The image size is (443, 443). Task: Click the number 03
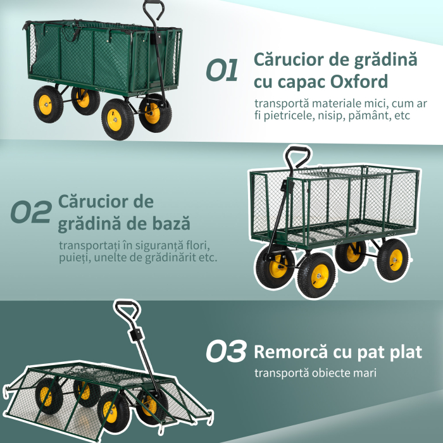tap(227, 353)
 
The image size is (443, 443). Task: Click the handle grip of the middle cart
tap(297, 154)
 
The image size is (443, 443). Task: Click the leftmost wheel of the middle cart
tap(275, 266)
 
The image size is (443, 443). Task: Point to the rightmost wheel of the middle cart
tap(393, 259)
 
